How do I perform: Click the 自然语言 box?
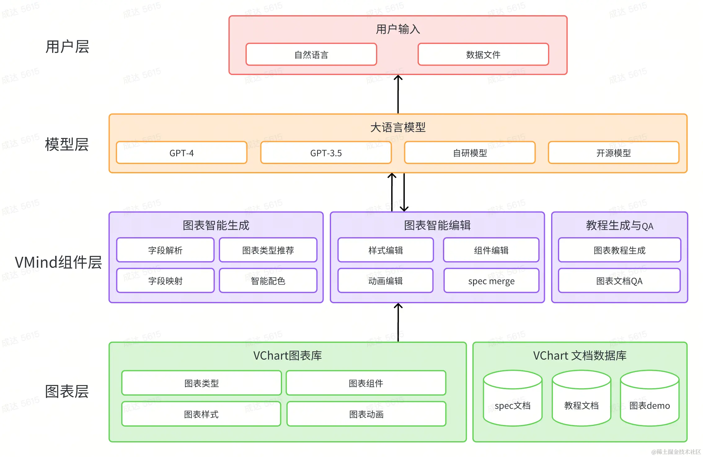(x=311, y=55)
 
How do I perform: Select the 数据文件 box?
(x=483, y=55)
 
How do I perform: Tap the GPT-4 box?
(x=182, y=153)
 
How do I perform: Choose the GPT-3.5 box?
(x=326, y=153)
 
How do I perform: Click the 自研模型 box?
(x=470, y=153)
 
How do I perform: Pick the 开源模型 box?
(x=614, y=153)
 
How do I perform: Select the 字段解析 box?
(x=165, y=250)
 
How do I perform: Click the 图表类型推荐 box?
(x=268, y=250)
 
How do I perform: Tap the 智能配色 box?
(x=268, y=281)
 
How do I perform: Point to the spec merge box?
(x=491, y=281)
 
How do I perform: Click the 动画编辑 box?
(x=386, y=281)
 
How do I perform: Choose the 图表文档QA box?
(x=619, y=281)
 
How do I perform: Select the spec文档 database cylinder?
(x=513, y=398)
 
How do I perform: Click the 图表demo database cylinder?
(x=650, y=398)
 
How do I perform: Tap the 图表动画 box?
(x=366, y=414)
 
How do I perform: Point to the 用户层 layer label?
(x=67, y=47)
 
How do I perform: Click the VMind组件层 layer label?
(x=58, y=262)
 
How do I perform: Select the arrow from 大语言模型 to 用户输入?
(x=398, y=94)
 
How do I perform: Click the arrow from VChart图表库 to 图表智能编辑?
(x=398, y=322)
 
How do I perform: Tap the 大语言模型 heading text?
(x=398, y=127)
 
